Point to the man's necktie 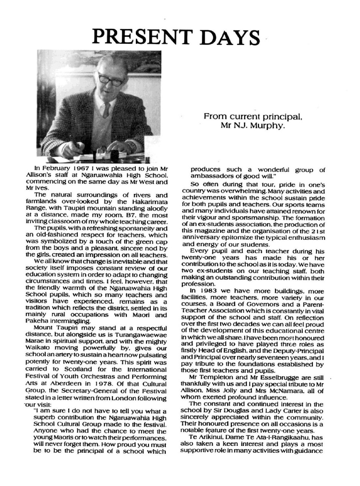pos(106,110)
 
